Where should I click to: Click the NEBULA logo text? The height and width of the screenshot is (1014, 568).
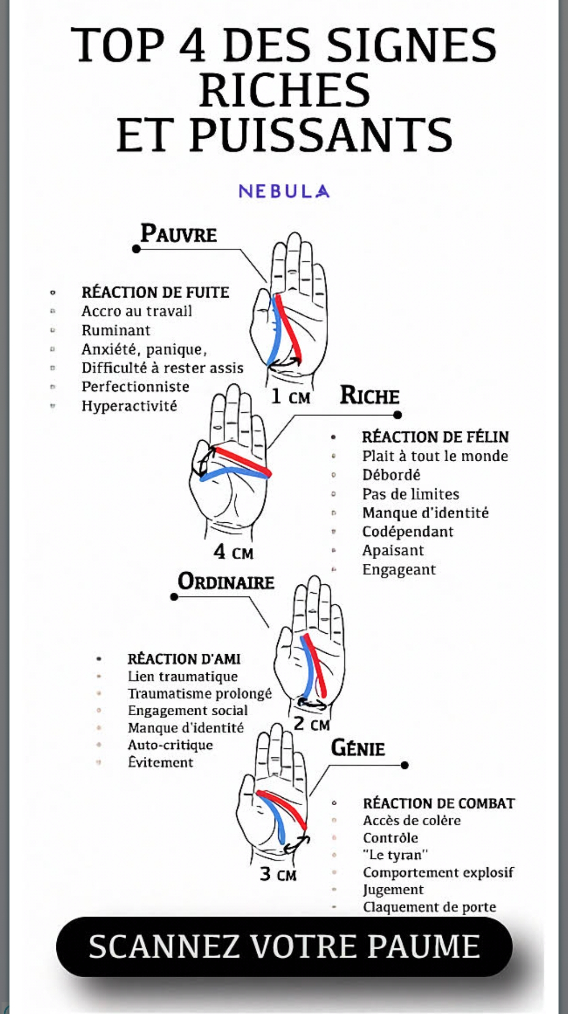coord(284,191)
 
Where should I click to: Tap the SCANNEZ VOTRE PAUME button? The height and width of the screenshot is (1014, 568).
coord(284,947)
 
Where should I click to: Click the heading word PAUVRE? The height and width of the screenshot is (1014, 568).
coord(178,234)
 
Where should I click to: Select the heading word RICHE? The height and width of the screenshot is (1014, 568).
coord(370,396)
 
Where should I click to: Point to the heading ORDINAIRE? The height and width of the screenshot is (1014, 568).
coord(226,582)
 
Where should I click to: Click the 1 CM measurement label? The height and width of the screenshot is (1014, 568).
coord(291,397)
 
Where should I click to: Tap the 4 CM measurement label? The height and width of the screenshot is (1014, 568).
coord(234,552)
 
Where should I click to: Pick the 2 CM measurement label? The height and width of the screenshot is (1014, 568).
coord(312,724)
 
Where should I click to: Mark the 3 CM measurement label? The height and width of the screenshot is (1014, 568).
coord(278,874)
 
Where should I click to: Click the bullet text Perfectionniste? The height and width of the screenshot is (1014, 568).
coord(135,387)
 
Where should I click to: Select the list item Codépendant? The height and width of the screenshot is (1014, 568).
coord(408,532)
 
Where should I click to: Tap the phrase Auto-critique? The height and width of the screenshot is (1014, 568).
coord(170,745)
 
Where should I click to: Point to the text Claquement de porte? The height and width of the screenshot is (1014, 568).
coord(430,907)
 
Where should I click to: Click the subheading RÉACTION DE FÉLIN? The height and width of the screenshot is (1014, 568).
coord(435,437)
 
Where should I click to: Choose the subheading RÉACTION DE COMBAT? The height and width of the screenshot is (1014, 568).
coord(439,803)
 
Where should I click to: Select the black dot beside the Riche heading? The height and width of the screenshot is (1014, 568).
coord(398,415)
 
